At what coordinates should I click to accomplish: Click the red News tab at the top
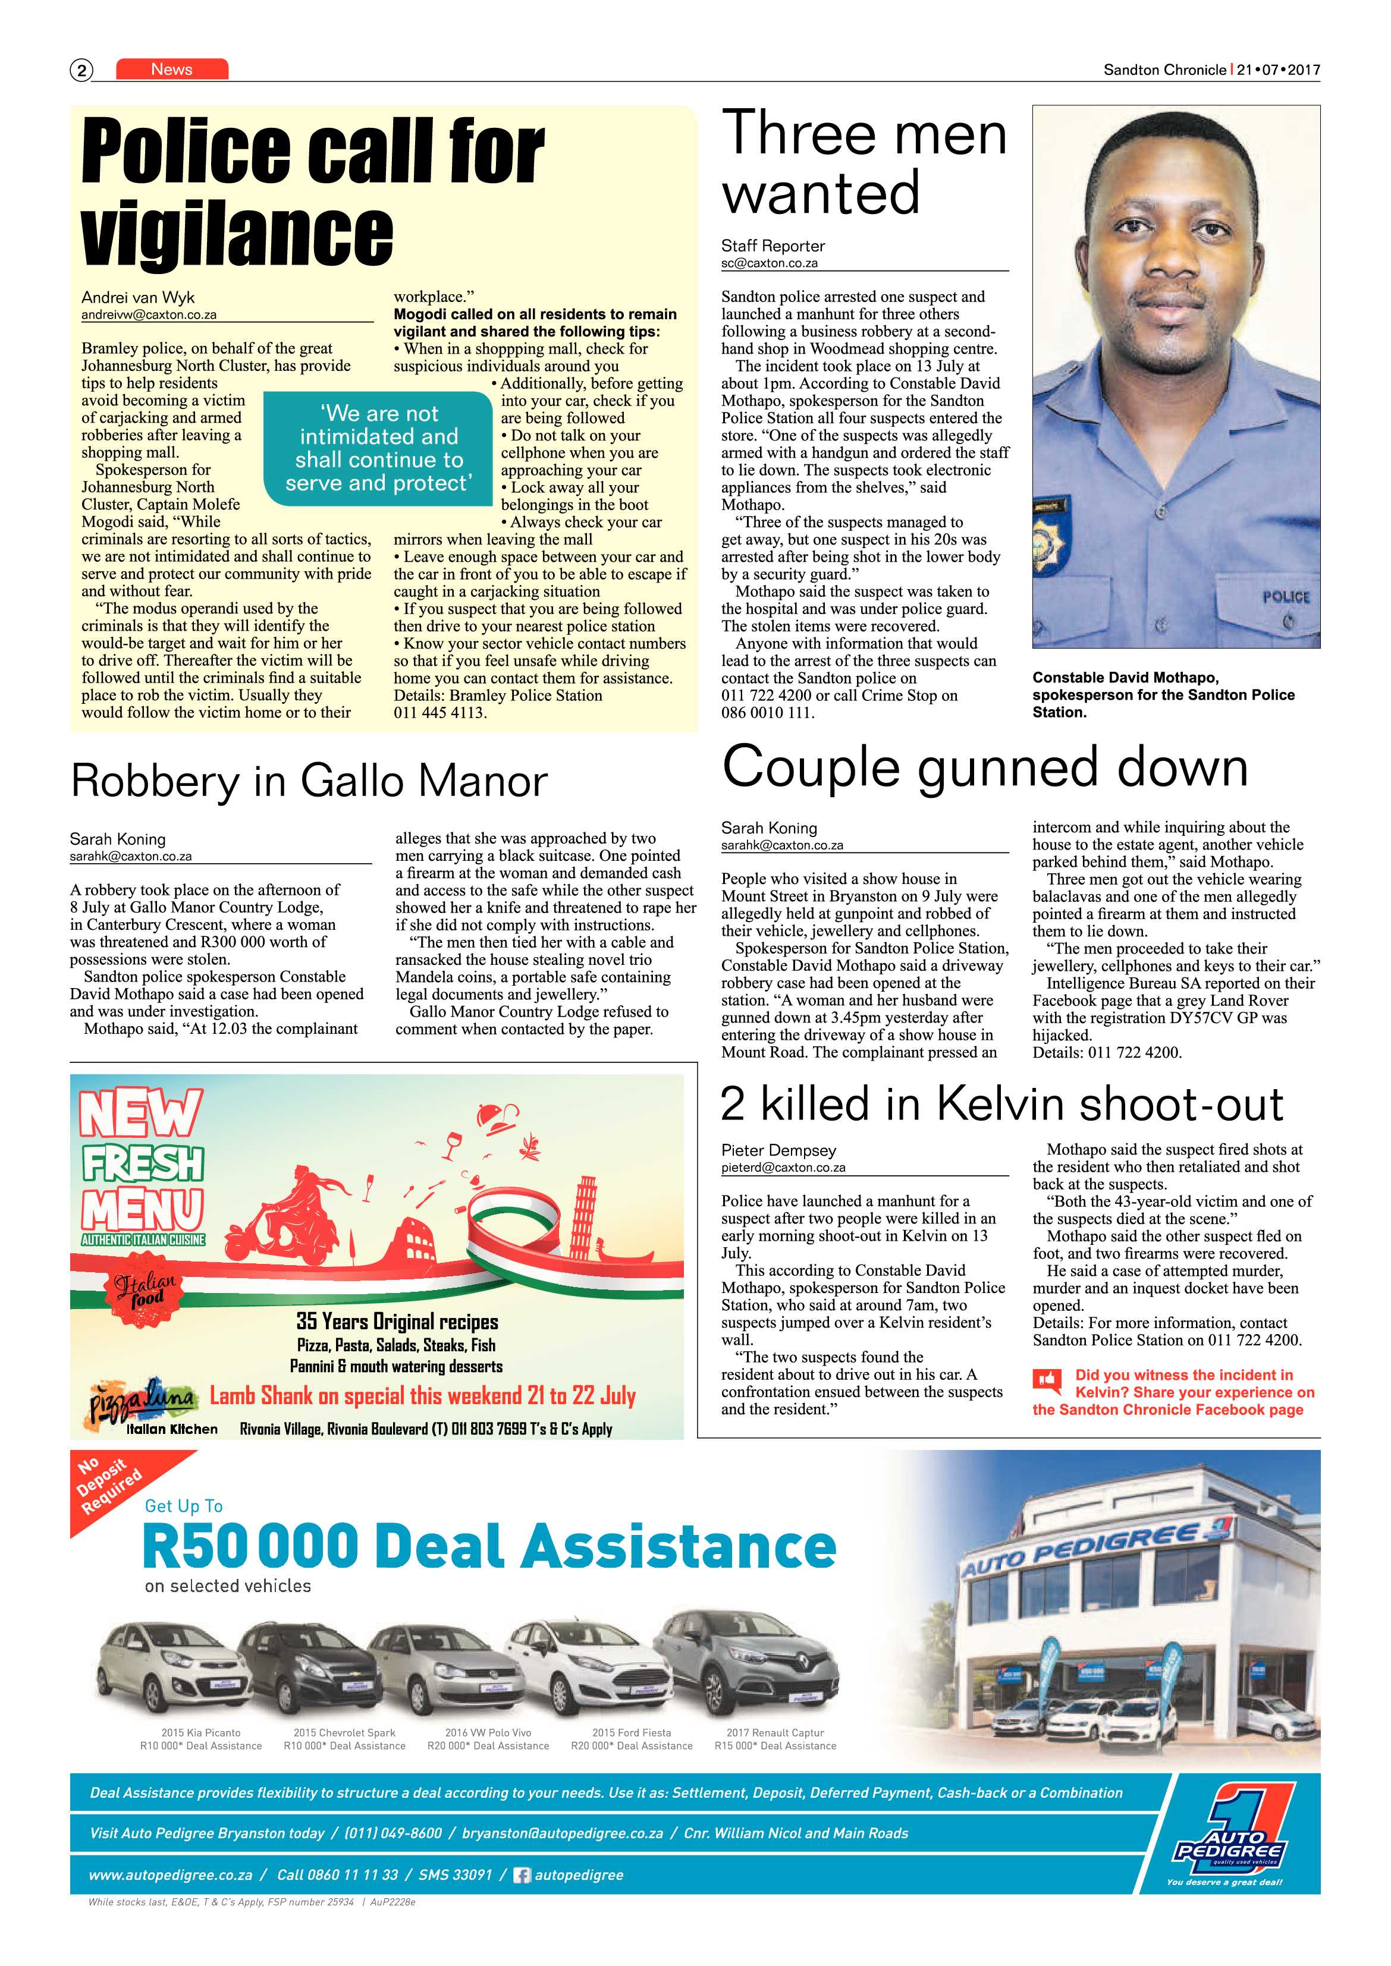tap(172, 70)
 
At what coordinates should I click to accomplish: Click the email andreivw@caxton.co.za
tap(149, 314)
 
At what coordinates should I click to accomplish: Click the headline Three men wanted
tap(864, 163)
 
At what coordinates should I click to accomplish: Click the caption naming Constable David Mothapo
tap(1163, 694)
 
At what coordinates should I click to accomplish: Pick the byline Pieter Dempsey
tap(778, 1150)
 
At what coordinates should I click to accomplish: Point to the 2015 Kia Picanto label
tap(200, 1732)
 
